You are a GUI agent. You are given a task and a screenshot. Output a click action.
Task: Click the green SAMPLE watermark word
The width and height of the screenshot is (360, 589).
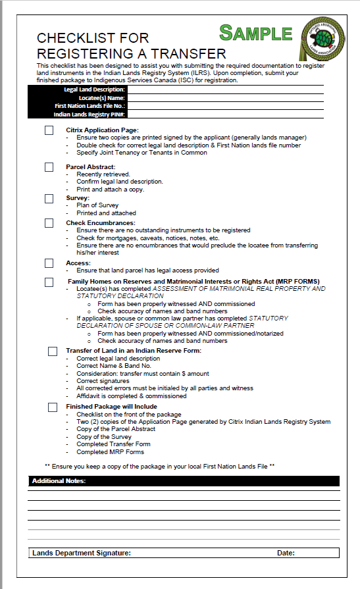pyautogui.click(x=255, y=33)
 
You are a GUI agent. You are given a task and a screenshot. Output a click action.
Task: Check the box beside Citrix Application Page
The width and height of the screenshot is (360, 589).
pyautogui.click(x=49, y=130)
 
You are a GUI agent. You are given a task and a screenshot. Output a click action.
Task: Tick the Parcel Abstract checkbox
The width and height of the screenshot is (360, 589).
pyautogui.click(x=49, y=167)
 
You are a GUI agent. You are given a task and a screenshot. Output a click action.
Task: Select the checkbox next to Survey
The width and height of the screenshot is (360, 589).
pyautogui.click(x=49, y=198)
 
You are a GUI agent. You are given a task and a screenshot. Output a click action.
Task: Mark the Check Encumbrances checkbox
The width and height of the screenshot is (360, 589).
pyautogui.click(x=49, y=223)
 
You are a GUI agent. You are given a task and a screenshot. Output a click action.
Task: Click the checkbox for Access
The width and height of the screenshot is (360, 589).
pyautogui.click(x=49, y=263)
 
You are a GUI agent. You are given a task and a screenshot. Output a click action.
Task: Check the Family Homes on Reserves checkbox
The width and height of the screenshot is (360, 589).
pyautogui.click(x=49, y=282)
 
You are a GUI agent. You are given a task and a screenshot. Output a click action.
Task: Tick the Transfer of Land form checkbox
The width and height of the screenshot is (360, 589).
pyautogui.click(x=53, y=351)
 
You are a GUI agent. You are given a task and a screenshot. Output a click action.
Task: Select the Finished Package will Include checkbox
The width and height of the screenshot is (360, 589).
pyautogui.click(x=53, y=407)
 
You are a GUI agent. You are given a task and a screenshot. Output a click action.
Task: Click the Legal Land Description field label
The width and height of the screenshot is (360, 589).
pyautogui.click(x=94, y=89)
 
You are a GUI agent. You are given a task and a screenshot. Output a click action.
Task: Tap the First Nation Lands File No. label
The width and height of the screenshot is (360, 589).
pyautogui.click(x=90, y=105)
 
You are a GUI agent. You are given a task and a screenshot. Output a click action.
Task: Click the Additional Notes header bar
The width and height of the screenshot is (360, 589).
pyautogui.click(x=184, y=481)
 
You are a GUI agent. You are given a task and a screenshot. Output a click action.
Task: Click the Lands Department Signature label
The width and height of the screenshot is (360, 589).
pyautogui.click(x=82, y=553)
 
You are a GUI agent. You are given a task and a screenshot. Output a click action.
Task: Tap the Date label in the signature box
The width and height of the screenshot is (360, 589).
pyautogui.click(x=286, y=553)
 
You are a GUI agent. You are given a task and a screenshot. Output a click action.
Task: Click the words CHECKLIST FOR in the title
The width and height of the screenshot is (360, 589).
pyautogui.click(x=93, y=38)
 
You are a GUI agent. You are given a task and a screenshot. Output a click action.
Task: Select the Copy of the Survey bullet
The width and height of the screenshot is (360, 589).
pyautogui.click(x=104, y=436)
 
